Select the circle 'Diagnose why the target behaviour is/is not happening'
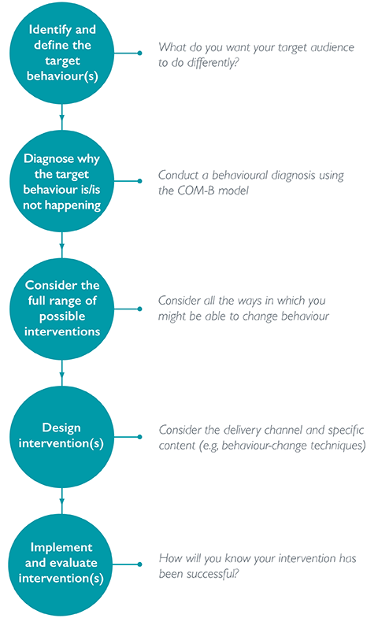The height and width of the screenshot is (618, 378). tap(61, 181)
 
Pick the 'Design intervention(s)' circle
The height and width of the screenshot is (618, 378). tap(61, 436)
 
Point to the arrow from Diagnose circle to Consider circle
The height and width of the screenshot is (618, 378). tap(61, 245)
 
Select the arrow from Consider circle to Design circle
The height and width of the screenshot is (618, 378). tap(61, 372)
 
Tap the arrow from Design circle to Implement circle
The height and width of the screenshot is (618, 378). tap(61, 500)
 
